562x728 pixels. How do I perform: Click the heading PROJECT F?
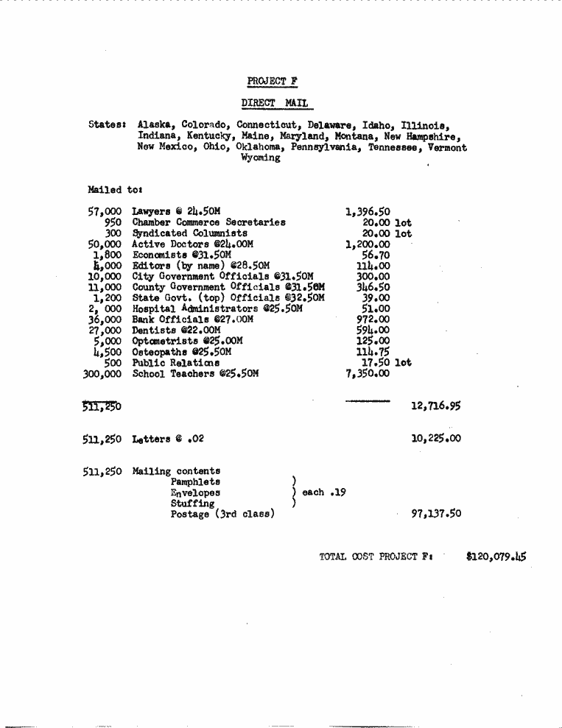[273, 81]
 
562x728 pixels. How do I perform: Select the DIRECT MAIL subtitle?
[275, 103]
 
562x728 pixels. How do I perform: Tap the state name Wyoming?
[261, 158]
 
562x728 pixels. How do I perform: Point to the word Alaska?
[155, 125]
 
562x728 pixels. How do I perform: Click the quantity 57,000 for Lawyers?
[105, 211]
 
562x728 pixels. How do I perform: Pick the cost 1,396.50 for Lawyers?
[368, 211]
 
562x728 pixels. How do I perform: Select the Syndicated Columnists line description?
[180, 233]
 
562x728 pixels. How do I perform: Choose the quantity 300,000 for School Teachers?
[102, 374]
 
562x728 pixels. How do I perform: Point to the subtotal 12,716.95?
[436, 406]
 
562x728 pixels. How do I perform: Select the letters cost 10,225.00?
[436, 439]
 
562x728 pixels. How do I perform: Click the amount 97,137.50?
[436, 514]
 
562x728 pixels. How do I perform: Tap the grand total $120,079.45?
[496, 557]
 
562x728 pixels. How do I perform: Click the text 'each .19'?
[324, 492]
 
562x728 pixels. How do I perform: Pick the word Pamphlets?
[195, 482]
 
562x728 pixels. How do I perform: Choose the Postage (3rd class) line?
[222, 514]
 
